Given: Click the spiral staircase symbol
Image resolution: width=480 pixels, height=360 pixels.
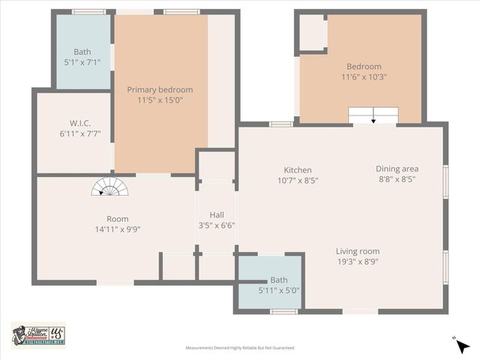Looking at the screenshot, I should (x=110, y=187).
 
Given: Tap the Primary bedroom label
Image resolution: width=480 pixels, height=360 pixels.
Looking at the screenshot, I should (x=160, y=89).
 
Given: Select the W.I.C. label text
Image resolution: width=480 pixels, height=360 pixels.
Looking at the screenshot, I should (x=80, y=123).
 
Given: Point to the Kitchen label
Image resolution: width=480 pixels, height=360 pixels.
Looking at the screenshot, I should (x=298, y=170).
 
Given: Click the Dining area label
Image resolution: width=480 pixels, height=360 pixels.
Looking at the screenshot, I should (x=397, y=169).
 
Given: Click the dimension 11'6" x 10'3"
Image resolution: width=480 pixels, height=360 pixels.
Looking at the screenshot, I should (x=364, y=76).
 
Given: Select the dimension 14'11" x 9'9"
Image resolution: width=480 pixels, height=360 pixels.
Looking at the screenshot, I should (x=112, y=229).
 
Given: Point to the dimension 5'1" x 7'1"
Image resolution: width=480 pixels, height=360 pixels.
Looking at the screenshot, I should (x=82, y=62).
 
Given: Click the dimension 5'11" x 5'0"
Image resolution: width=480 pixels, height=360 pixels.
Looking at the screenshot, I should (x=279, y=290).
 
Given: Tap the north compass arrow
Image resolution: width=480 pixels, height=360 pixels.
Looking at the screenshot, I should (x=462, y=345).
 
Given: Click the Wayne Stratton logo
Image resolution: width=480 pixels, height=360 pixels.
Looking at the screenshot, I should (x=38, y=334).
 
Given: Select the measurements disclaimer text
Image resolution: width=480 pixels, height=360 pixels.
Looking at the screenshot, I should (x=240, y=348).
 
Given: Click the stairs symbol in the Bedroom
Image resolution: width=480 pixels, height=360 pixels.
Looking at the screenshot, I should (x=373, y=115).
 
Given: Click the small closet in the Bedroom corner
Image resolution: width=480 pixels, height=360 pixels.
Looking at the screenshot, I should (x=312, y=32).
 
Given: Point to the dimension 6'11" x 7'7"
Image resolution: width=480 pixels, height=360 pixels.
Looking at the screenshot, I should (x=80, y=133).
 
